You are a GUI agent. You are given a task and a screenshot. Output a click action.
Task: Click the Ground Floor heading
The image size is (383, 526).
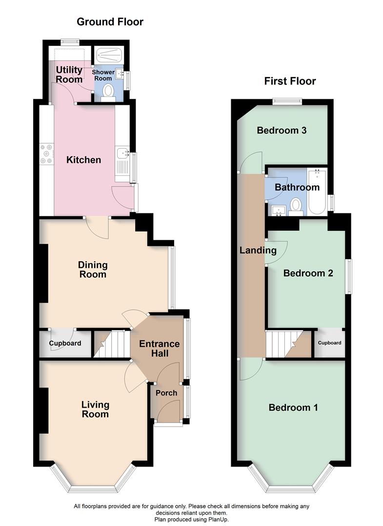pos(110,22)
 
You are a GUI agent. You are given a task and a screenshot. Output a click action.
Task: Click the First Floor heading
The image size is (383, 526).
pos(290,81)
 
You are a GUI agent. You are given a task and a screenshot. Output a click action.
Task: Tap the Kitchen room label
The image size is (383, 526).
pos(84,160)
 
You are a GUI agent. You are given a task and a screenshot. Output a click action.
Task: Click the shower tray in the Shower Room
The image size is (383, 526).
pos(109,55)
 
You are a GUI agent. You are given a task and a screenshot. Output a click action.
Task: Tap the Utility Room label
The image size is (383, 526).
pos(69,75)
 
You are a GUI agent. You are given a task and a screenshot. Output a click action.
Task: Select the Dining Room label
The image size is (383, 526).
pos(93,269)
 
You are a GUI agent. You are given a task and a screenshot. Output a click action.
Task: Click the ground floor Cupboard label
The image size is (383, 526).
pos(65,343)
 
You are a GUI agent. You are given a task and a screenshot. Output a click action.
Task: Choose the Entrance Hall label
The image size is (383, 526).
pos(160,348)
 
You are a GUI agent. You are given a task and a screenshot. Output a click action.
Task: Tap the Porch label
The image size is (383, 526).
pos(166,393)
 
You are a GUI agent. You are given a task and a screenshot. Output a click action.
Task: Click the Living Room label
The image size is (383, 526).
pos(95,409)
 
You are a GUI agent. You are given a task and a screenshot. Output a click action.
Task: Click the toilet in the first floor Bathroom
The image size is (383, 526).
pos(296,205)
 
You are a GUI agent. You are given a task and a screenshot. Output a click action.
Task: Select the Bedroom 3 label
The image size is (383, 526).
pos(282,131)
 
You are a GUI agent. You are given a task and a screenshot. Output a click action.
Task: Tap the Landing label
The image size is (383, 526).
pos(258,250)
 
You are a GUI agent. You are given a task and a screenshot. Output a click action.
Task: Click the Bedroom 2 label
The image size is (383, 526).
pos(308,273)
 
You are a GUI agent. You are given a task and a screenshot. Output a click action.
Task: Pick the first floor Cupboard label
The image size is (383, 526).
pos(330,343)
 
